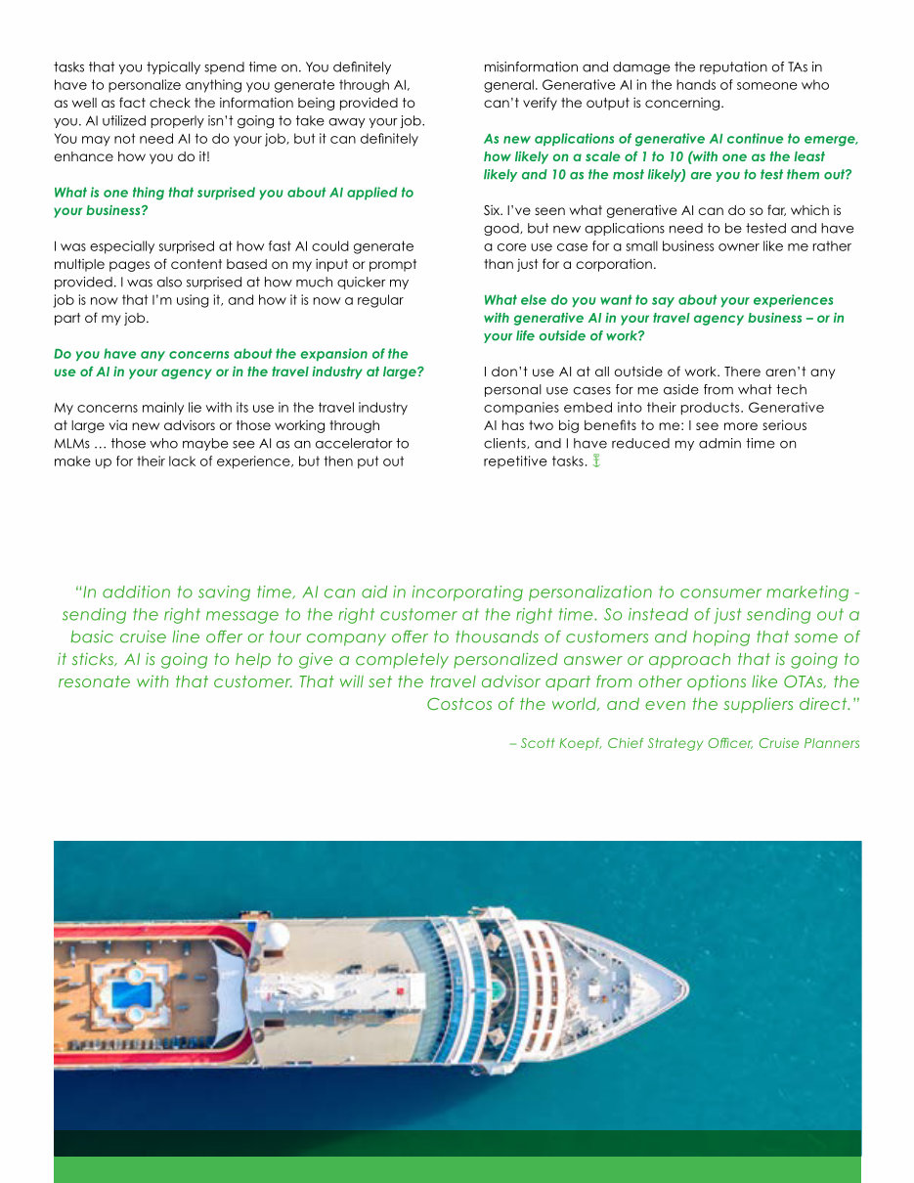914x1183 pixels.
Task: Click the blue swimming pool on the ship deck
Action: tap(131, 994)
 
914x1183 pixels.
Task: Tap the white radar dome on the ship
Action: tap(278, 934)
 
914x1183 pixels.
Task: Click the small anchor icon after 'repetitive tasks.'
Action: tap(595, 460)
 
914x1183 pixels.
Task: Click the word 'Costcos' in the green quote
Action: tap(461, 704)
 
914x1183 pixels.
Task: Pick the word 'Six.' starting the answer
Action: tap(496, 210)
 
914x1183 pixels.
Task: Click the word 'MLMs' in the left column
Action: tap(71, 443)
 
